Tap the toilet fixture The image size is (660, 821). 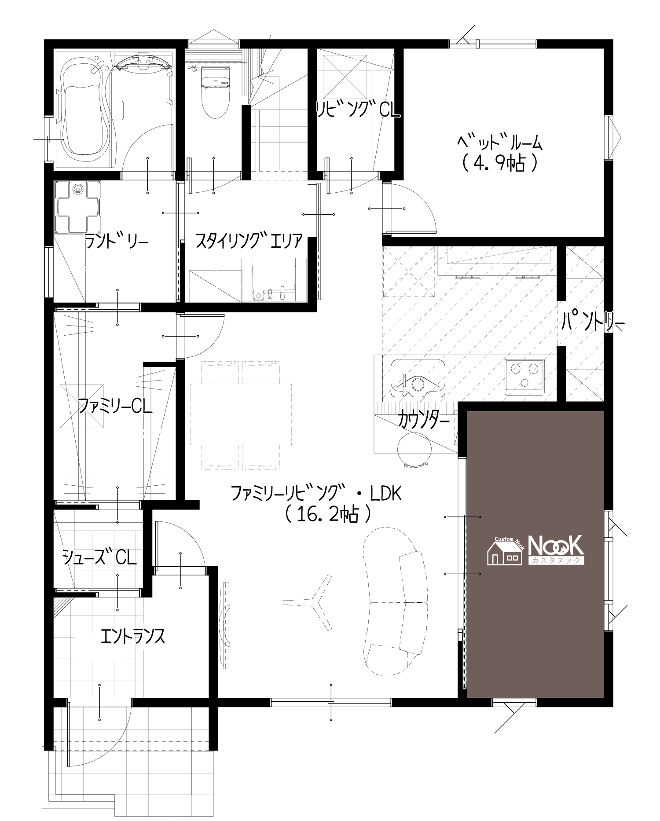(x=215, y=91)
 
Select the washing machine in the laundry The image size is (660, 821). (x=78, y=207)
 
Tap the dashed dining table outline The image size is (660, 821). (x=241, y=414)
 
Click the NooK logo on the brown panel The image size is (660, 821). (x=535, y=550)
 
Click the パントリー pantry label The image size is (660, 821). (x=593, y=323)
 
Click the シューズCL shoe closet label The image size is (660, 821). (x=99, y=557)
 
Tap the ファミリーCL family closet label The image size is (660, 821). (x=115, y=406)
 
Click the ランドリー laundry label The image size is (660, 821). (x=116, y=242)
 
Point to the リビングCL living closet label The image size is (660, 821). (x=358, y=109)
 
